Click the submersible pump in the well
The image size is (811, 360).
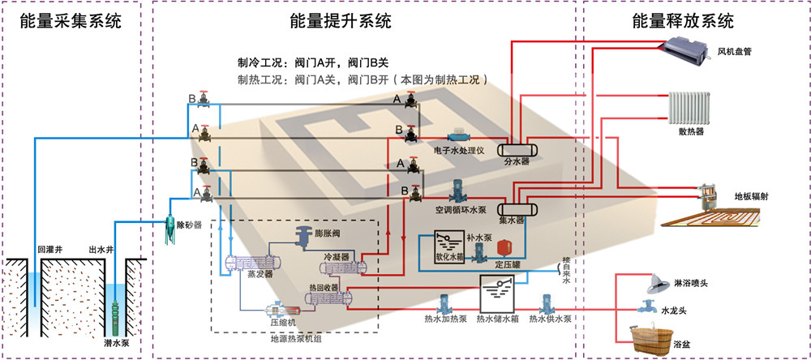pyautogui.click(x=118, y=313)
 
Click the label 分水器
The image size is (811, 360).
pyautogui.click(x=517, y=162)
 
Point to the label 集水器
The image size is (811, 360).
pyautogui.click(x=512, y=220)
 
